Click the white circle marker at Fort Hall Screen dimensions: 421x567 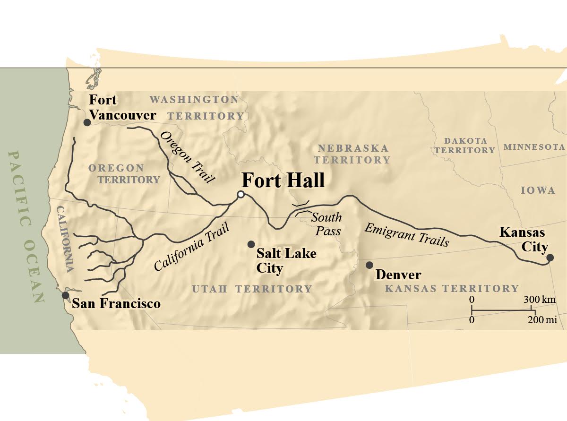pos(241,194)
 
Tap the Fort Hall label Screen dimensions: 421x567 pos(283,180)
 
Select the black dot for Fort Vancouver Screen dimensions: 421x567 pos(87,122)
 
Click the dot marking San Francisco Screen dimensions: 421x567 pos(65,295)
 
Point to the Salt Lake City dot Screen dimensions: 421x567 pos(251,244)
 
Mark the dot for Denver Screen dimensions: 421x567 pos(369,265)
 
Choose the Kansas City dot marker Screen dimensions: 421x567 pos(550,258)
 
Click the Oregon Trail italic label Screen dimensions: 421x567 pos(188,157)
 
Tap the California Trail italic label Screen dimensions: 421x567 pos(192,247)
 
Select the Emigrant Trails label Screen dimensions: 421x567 pos(406,235)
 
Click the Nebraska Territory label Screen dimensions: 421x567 pos(353,154)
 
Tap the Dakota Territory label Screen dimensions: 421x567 pos(465,146)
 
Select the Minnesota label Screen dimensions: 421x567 pos(534,147)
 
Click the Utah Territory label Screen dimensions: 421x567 pos(252,289)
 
